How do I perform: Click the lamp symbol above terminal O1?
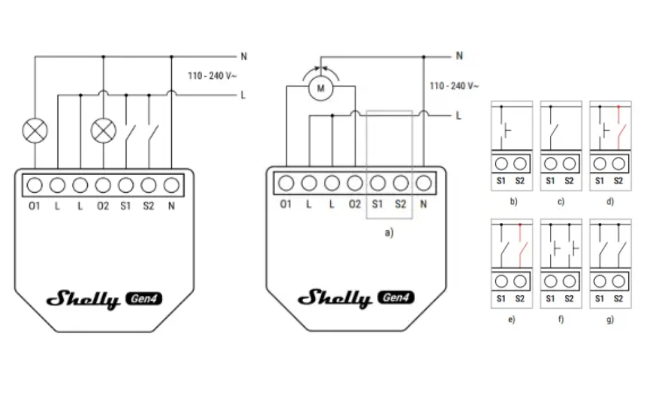pos(35,131)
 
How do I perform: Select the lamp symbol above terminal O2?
pos(103,131)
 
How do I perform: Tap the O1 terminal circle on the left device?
pos(35,185)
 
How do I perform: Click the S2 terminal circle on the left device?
pos(148,185)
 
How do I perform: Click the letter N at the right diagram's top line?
pos(459,56)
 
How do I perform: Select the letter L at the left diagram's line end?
pos(243,95)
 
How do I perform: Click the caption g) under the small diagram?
pos(610,319)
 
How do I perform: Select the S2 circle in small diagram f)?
pos(569,281)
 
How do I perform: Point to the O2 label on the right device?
pos(354,204)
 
